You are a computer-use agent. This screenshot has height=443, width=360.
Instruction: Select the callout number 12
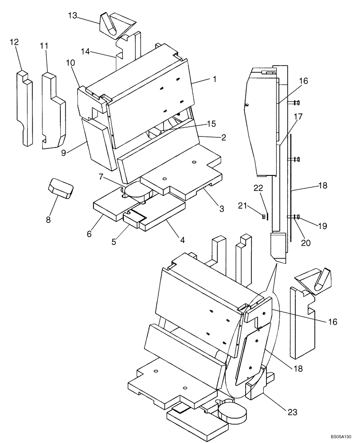[14, 42]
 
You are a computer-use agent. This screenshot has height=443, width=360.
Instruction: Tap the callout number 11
[43, 46]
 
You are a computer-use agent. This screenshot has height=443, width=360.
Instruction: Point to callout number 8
[49, 219]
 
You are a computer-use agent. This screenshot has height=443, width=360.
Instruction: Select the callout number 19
[322, 226]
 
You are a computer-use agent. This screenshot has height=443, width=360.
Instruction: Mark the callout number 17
[297, 117]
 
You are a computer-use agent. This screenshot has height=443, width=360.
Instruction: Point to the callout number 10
[71, 63]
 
